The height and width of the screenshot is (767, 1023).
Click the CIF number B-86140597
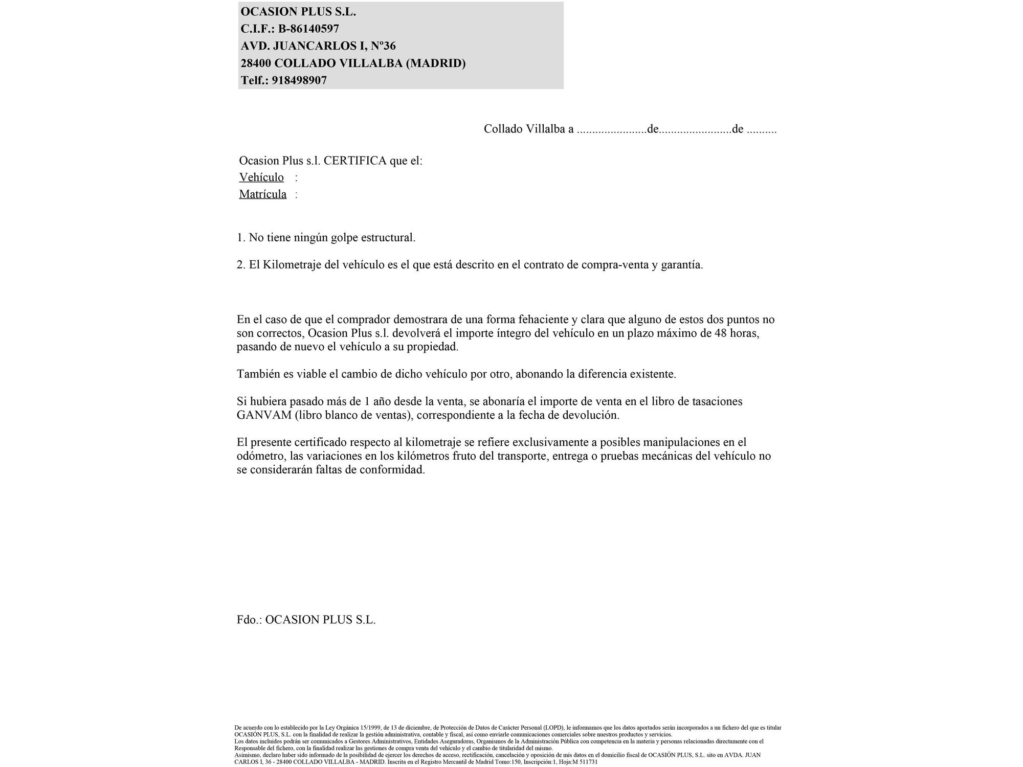click(x=308, y=29)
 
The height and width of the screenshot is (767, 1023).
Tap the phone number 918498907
click(x=299, y=80)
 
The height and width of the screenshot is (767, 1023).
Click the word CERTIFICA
click(x=355, y=161)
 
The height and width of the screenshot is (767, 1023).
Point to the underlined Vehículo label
click(x=261, y=177)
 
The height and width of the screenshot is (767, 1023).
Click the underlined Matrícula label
click(x=263, y=194)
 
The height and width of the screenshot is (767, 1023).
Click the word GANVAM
click(x=264, y=415)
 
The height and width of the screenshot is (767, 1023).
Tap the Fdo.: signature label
click(x=249, y=620)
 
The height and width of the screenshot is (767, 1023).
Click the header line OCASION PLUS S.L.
click(x=298, y=12)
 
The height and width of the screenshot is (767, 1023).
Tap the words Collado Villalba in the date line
click(x=524, y=129)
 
